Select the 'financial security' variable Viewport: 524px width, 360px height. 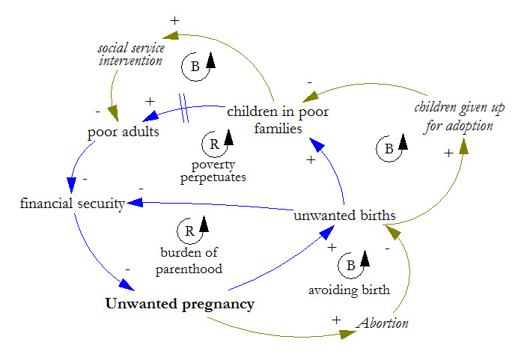[x=72, y=203]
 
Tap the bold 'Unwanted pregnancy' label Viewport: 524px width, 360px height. [x=180, y=304]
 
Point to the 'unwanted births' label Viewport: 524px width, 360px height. [x=344, y=216]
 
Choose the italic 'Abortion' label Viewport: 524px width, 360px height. [x=383, y=323]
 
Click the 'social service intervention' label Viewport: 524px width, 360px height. [x=130, y=55]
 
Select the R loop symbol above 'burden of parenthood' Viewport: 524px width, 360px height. [x=187, y=231]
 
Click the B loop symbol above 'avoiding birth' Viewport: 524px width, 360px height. [x=351, y=264]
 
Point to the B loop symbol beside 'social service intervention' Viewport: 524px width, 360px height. [x=197, y=66]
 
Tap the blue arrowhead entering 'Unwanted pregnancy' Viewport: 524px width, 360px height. [x=127, y=285]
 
